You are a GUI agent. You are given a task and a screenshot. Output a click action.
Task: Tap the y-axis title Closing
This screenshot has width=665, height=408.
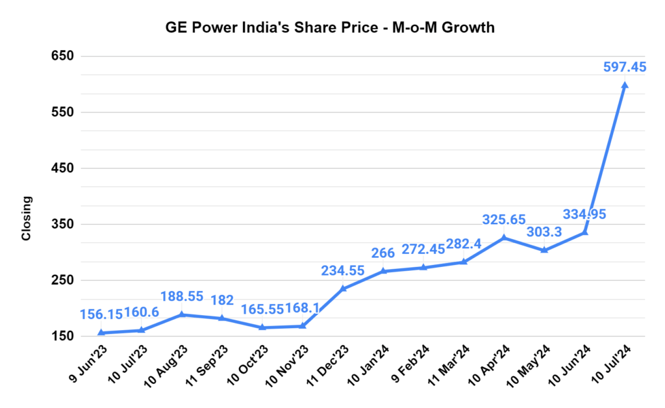click(27, 218)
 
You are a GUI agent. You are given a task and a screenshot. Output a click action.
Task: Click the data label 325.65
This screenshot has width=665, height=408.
click(503, 220)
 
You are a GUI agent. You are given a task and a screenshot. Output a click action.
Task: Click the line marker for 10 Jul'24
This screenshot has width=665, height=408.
click(625, 85)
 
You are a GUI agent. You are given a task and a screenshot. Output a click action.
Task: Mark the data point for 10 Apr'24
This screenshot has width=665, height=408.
click(504, 238)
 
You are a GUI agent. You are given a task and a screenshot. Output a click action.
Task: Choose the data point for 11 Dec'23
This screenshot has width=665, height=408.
click(343, 288)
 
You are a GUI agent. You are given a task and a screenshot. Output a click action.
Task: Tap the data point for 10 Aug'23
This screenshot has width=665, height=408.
click(182, 314)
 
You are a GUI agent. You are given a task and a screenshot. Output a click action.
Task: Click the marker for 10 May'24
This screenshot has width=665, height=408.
click(544, 250)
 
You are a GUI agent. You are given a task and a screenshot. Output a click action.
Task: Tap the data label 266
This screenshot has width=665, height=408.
click(383, 253)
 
